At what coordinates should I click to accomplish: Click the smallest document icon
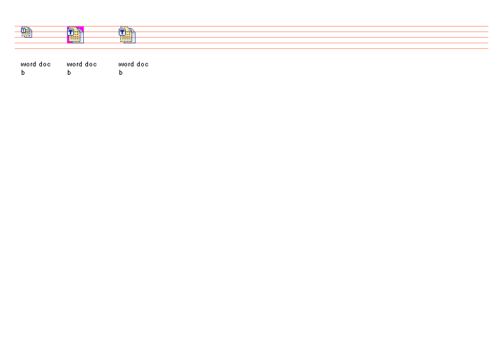27,32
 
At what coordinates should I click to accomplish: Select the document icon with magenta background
75,35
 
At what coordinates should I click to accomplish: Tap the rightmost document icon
127,35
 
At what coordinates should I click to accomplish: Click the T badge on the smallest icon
24,31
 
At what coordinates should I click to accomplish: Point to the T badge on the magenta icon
71,32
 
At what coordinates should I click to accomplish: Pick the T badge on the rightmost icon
122,32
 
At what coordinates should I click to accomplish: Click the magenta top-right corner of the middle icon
82,28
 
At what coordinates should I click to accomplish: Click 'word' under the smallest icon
29,64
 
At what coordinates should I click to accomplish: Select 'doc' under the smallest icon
45,64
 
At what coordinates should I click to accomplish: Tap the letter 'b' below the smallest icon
23,73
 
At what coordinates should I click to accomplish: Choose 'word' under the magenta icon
75,64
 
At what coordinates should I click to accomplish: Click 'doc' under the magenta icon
91,64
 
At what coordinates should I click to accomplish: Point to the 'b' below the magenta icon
69,73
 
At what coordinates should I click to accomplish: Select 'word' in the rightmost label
126,64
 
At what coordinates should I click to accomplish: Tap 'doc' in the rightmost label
143,64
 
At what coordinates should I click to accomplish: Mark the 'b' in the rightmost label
121,73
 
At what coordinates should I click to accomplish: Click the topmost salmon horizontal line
251,26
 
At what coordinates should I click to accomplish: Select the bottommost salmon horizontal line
251,48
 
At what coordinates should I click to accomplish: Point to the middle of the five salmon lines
251,37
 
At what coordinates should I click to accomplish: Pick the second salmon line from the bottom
251,43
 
